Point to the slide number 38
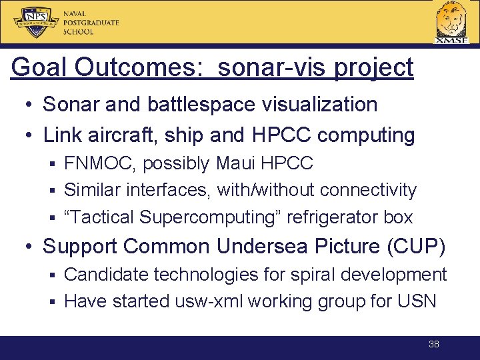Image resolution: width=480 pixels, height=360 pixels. click(x=433, y=345)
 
